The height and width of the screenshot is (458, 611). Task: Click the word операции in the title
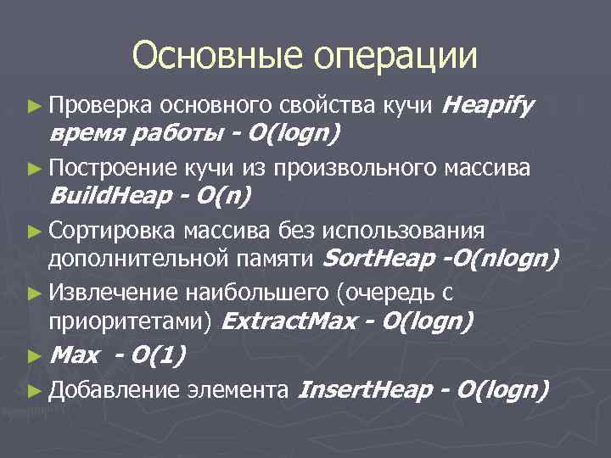[396, 58]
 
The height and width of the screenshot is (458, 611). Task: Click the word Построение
[112, 169]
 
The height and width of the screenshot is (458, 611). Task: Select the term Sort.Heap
[379, 258]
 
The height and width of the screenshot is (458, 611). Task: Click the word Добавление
[114, 390]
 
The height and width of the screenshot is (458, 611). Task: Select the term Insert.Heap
[366, 390]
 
